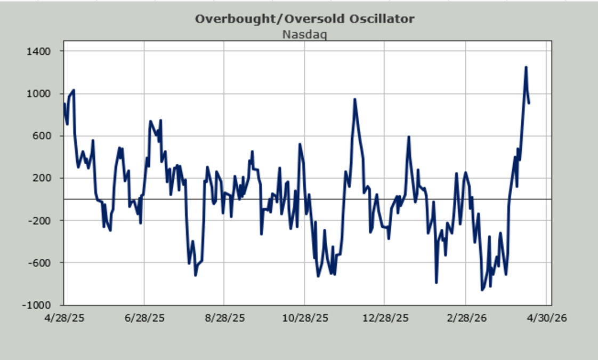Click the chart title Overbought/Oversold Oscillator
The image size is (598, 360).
click(304, 19)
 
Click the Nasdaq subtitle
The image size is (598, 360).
click(304, 35)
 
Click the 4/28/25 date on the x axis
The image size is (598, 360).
click(64, 318)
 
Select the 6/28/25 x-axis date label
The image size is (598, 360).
click(144, 318)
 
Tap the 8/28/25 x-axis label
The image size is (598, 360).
click(224, 318)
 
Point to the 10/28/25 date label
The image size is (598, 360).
click(305, 318)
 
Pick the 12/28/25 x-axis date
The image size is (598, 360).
click(385, 318)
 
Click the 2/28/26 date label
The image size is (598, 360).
click(465, 318)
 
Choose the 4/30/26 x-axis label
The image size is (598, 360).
click(546, 318)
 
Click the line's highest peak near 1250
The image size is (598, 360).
click(526, 67)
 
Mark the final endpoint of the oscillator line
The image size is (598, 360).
click(529, 103)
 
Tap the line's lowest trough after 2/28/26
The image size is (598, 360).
click(482, 290)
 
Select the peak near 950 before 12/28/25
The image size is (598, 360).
click(354, 99)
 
